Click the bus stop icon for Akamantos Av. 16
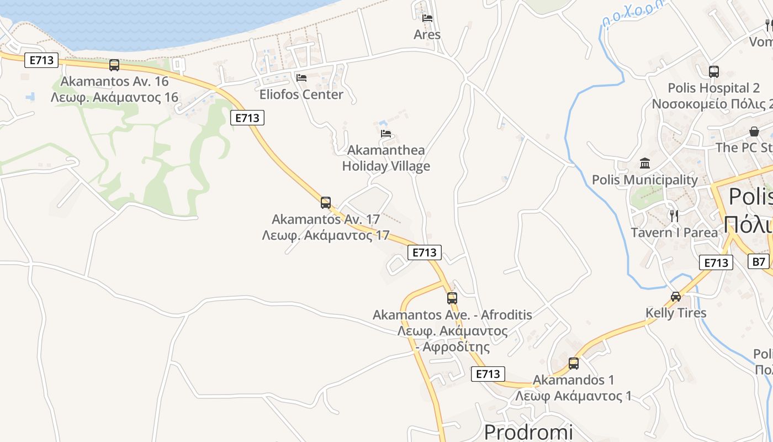coord(114,65)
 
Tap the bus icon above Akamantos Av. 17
coord(326,202)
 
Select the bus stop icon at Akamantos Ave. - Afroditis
coord(452,298)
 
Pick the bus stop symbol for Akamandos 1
coord(574,364)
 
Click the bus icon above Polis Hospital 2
coord(714,72)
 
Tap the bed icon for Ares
coord(427,18)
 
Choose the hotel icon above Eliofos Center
coord(301,78)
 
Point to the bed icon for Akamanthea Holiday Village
coord(386,134)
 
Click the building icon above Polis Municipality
coord(645,164)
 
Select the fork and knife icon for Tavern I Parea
coord(674,215)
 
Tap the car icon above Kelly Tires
coord(676,297)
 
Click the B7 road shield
coord(760,261)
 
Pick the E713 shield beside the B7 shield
coord(716,262)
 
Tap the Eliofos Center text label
coord(301,94)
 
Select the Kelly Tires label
coord(676,313)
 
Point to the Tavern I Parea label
coord(674,233)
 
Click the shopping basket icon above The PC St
coord(754,131)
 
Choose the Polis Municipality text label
coord(645,180)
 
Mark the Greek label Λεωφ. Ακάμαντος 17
coord(326,235)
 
